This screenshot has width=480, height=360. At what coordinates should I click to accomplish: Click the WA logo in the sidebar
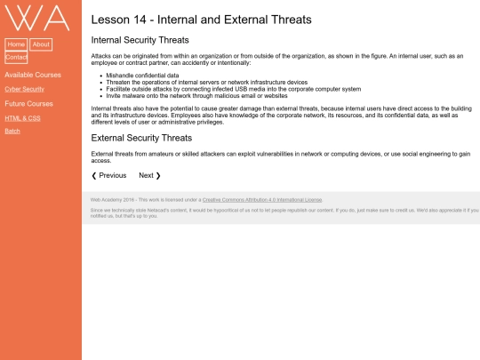(37, 18)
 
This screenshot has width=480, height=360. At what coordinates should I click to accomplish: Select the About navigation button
(41, 44)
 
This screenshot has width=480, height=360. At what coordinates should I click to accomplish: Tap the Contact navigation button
(16, 57)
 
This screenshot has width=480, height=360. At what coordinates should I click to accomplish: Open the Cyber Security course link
(25, 89)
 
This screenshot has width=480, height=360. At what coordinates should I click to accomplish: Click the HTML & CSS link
(22, 118)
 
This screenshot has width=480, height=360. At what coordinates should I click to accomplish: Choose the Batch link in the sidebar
(12, 131)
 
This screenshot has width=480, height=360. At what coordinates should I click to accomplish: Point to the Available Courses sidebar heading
(33, 75)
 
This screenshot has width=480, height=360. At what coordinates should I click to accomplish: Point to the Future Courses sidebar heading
(28, 104)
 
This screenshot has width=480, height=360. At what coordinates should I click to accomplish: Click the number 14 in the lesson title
(140, 20)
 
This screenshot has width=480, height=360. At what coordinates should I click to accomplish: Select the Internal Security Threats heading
(140, 40)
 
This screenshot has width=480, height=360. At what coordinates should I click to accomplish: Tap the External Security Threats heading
(141, 138)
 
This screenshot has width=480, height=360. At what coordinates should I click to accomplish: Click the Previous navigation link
(109, 175)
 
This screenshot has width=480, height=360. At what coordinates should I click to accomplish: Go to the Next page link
(149, 175)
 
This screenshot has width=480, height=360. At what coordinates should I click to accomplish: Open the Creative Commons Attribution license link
(262, 200)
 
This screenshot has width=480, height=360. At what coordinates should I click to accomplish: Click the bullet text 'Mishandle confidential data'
(142, 76)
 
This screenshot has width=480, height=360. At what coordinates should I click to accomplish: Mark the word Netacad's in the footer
(159, 211)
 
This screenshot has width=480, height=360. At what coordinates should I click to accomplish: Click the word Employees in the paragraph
(184, 116)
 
